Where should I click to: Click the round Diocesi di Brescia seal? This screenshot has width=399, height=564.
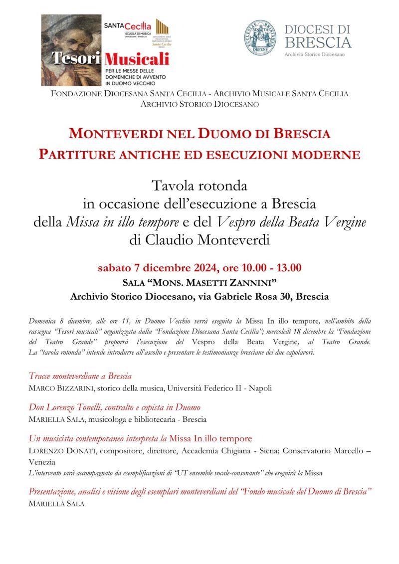coord(260,38)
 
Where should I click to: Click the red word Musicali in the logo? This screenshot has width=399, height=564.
coord(137,59)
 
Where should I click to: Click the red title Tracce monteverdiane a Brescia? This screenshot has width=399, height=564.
coord(80,376)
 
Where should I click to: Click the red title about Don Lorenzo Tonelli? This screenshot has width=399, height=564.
coord(115,407)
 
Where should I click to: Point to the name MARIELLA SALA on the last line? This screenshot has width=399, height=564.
coord(56,504)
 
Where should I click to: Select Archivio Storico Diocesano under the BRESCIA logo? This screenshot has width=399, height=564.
coord(314,53)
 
